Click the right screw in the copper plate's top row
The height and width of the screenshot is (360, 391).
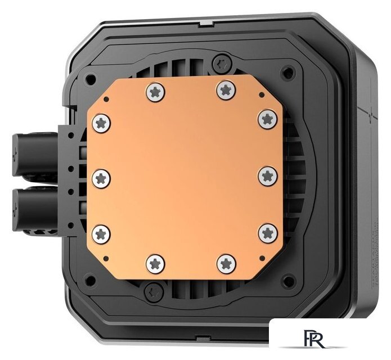225,88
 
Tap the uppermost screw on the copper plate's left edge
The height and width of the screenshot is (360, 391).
101,120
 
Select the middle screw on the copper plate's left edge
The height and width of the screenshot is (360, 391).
101,178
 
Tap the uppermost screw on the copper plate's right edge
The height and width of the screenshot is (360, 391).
266,118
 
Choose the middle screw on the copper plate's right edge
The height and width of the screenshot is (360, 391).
267,176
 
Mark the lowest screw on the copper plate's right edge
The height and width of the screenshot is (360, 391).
267,231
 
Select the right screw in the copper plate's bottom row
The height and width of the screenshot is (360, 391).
225,262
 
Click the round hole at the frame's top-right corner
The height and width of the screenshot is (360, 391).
288,72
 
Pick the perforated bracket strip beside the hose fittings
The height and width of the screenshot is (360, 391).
66,177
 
